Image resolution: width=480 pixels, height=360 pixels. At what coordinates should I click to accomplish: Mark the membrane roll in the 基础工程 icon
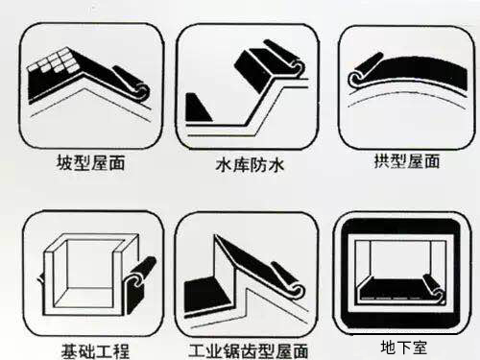click(141, 275)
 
